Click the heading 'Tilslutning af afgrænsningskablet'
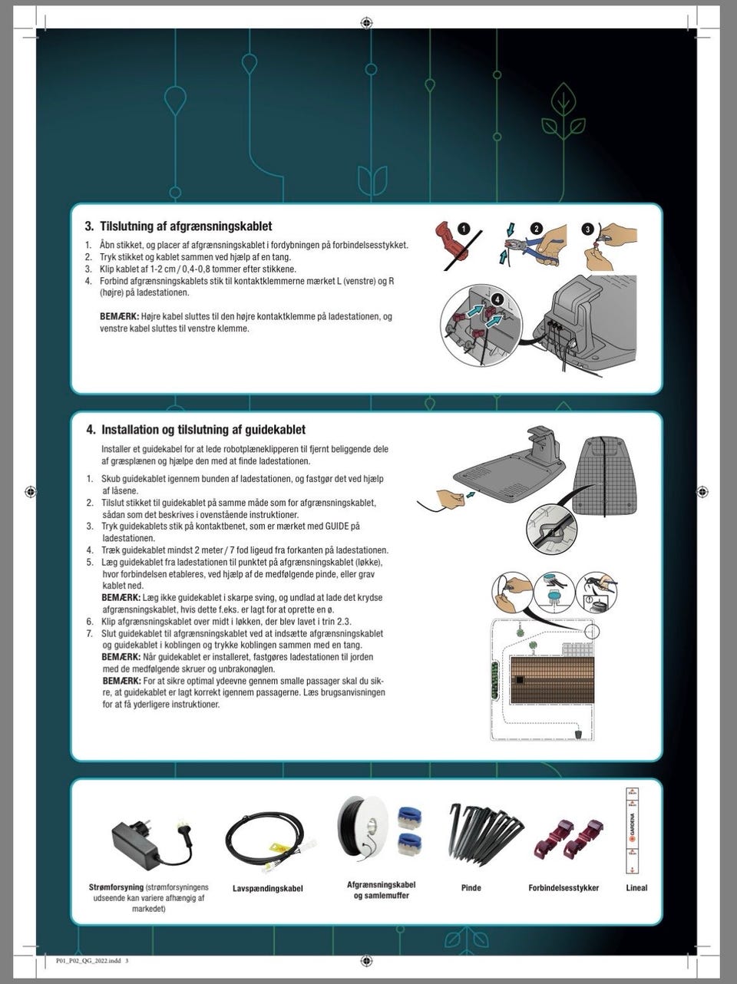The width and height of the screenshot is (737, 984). (x=186, y=226)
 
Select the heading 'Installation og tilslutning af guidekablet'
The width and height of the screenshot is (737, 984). (x=203, y=430)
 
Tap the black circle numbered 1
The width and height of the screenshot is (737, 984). (x=464, y=229)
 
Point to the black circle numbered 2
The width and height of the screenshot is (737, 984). (x=536, y=229)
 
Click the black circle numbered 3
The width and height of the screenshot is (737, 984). (x=588, y=229)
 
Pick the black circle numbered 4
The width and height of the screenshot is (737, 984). (x=497, y=299)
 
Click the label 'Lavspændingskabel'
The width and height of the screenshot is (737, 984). (x=268, y=888)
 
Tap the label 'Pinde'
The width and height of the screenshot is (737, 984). (x=471, y=887)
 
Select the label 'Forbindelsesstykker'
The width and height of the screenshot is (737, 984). (x=563, y=887)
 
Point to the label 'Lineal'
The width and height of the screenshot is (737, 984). (x=636, y=887)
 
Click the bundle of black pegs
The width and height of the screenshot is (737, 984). (x=485, y=832)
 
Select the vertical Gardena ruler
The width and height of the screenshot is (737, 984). (x=632, y=830)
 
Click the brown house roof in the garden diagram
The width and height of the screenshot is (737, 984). (x=552, y=680)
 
